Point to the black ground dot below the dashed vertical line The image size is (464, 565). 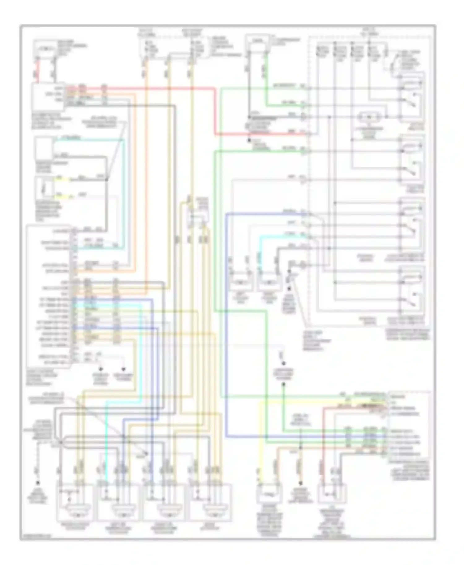pos(38,483)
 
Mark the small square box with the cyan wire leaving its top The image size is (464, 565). pos(44,149)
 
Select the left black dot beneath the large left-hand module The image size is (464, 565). pos(101,369)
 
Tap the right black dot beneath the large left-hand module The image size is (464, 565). pos(124,369)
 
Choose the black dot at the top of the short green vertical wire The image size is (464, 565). pos(283,384)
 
